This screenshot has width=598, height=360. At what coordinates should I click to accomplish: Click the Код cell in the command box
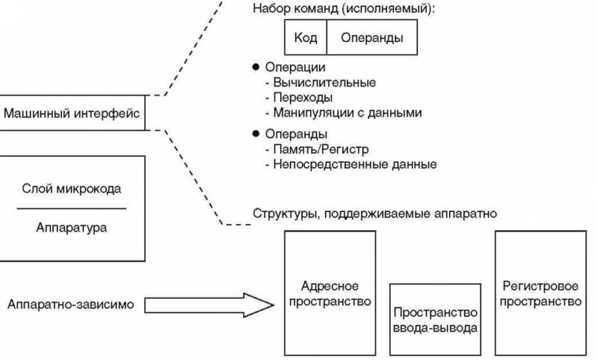click(x=306, y=37)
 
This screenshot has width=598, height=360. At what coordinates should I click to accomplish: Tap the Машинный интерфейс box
click(x=73, y=114)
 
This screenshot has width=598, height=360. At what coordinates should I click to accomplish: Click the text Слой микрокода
click(x=72, y=189)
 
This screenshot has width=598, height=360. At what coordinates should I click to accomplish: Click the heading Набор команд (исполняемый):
click(x=344, y=10)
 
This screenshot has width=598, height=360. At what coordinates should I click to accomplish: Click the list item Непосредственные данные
click(x=350, y=164)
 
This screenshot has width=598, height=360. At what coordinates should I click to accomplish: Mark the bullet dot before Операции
click(x=255, y=66)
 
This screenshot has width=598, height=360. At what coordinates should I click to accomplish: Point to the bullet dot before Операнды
click(x=255, y=134)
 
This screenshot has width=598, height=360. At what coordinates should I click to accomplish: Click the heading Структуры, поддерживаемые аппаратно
click(x=375, y=214)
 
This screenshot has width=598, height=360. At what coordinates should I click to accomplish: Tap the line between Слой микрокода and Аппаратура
click(x=72, y=208)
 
